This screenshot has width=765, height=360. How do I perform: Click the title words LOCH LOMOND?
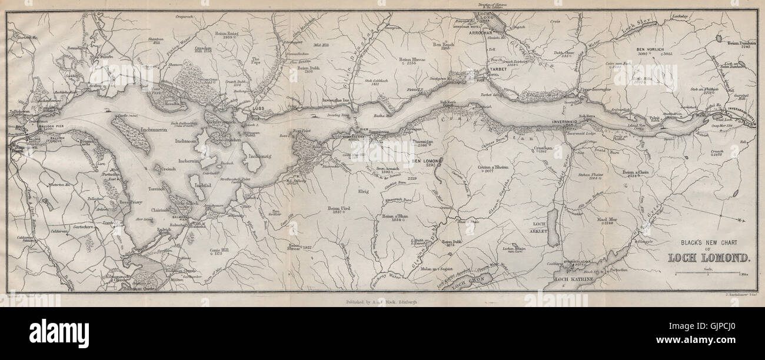click(x=709, y=257)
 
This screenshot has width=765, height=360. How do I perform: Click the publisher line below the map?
click(x=382, y=301)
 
